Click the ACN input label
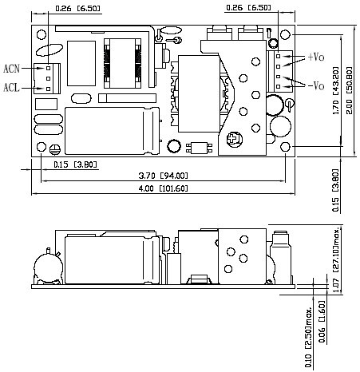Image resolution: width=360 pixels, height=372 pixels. click(11, 69)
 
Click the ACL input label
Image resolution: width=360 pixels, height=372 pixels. click(11, 87)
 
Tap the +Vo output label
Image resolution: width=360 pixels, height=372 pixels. click(316, 57)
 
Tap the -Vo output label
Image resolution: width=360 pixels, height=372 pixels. click(316, 85)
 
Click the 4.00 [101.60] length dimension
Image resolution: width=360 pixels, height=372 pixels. click(163, 188)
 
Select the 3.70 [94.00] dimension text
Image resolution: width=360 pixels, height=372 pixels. click(163, 176)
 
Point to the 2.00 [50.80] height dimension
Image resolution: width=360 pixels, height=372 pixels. click(349, 90)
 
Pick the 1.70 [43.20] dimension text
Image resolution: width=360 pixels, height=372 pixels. click(336, 90)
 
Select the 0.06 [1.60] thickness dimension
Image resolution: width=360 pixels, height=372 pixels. click(322, 322)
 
